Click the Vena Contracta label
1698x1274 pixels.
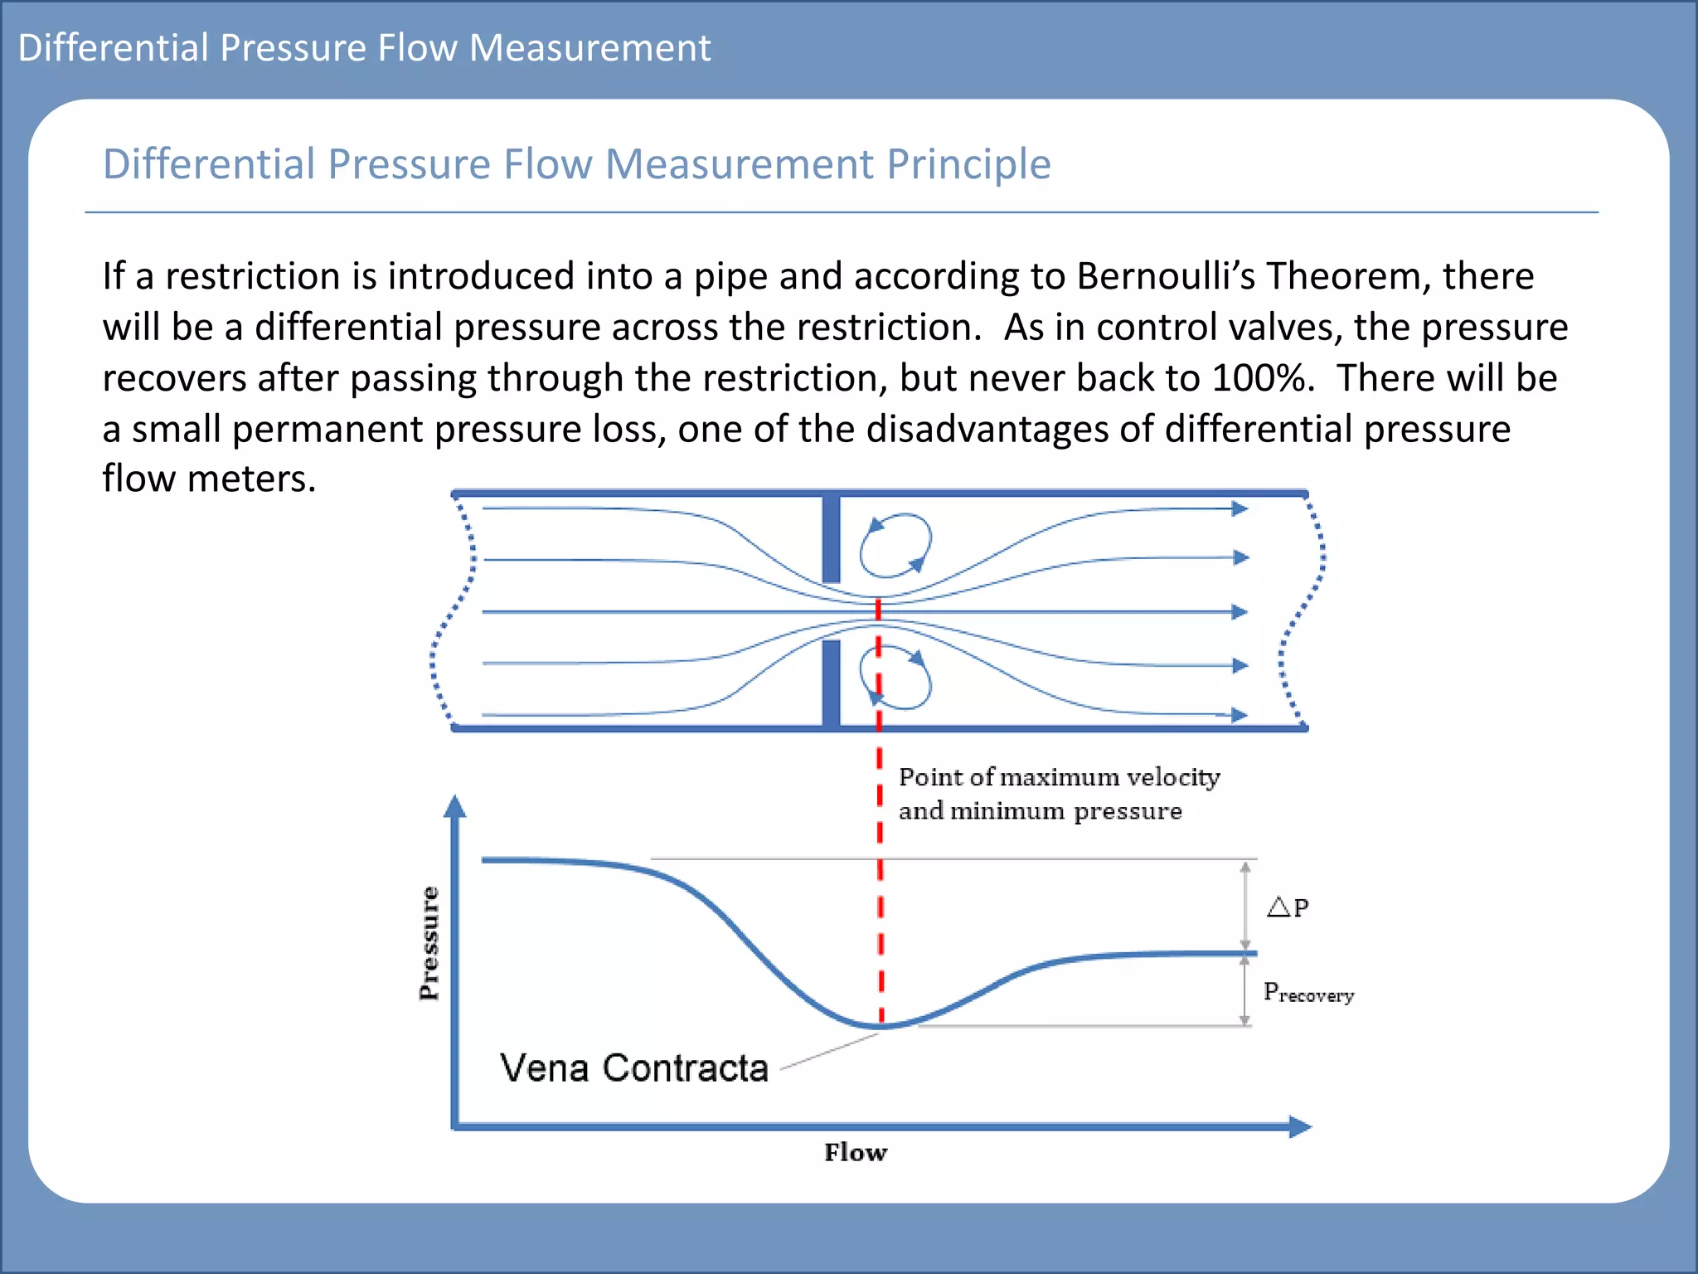point(634,1067)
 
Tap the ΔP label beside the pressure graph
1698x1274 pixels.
point(1288,907)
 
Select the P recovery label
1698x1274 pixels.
point(1307,993)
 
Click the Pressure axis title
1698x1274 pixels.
point(429,943)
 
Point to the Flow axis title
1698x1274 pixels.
point(856,1152)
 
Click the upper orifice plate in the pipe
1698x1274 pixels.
point(831,539)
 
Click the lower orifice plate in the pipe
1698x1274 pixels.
point(831,683)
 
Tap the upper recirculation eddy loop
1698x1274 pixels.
point(895,545)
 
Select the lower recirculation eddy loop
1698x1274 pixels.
point(896,678)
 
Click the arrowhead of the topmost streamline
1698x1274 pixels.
point(1240,508)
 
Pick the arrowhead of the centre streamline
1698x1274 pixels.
point(1240,612)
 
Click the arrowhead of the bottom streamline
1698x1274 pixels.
point(1240,715)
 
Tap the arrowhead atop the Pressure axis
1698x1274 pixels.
point(455,806)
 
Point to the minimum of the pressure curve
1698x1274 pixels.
point(881,1027)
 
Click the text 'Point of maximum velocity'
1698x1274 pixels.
point(1059,777)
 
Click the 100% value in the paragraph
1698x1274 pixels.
point(1263,378)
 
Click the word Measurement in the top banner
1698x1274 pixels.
point(589,47)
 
